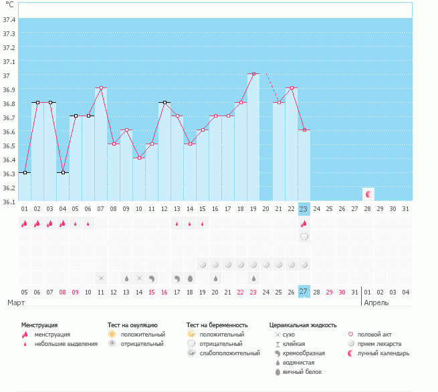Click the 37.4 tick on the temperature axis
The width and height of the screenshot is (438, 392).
(x=9, y=20)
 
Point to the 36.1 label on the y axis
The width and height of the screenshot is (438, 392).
(x=9, y=201)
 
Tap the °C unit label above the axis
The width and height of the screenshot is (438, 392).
(x=9, y=5)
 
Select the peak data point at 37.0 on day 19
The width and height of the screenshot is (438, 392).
(x=253, y=73)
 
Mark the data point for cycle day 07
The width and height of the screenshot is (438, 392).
(x=101, y=87)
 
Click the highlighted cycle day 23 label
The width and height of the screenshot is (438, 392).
(x=304, y=209)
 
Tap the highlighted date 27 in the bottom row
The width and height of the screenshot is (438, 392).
(x=304, y=291)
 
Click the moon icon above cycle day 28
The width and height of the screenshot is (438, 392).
(x=368, y=194)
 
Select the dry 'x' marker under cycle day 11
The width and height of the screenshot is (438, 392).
(x=101, y=278)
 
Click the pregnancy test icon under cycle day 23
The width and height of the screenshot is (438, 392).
(x=304, y=237)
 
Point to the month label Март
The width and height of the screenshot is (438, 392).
(x=17, y=303)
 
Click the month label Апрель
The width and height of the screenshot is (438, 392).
(x=376, y=303)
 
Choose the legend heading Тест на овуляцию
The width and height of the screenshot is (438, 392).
(x=132, y=325)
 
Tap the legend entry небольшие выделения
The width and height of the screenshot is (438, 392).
(x=66, y=344)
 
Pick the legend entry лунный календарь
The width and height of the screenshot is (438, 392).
(x=383, y=353)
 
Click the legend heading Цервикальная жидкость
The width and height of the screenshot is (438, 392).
(x=303, y=325)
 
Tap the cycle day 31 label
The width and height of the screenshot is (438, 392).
(x=406, y=209)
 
